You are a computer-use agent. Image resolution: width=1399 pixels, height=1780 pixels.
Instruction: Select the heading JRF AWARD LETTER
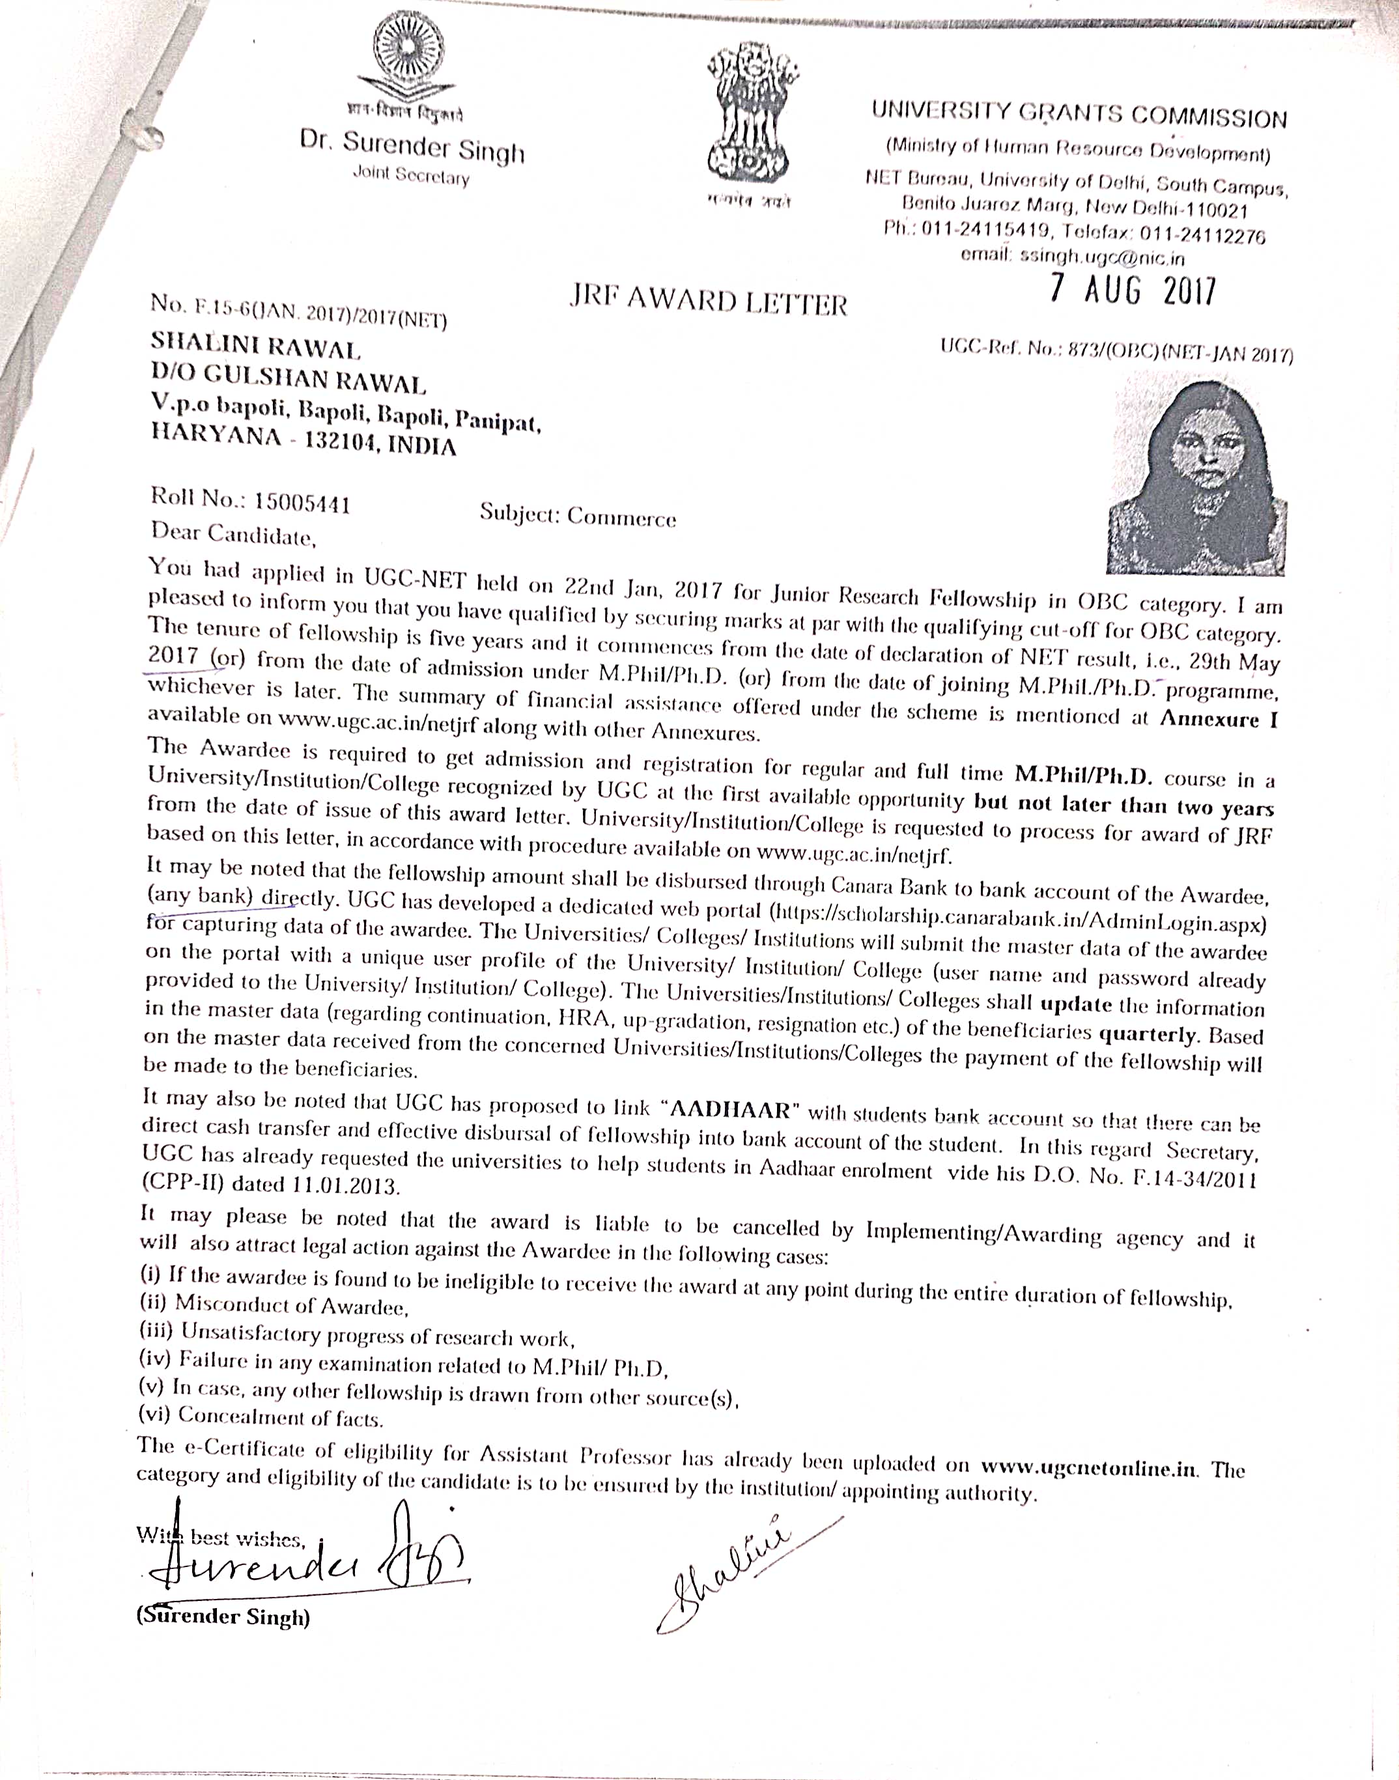(708, 302)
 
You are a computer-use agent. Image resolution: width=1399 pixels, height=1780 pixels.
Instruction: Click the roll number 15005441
(302, 502)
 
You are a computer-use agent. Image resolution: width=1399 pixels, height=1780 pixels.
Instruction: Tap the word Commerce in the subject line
(622, 517)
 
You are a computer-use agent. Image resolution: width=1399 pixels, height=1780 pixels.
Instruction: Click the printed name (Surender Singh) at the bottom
(223, 1616)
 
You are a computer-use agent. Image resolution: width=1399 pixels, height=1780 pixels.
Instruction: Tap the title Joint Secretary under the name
(410, 175)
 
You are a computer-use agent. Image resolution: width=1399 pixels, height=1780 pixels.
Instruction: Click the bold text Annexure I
(1218, 719)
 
